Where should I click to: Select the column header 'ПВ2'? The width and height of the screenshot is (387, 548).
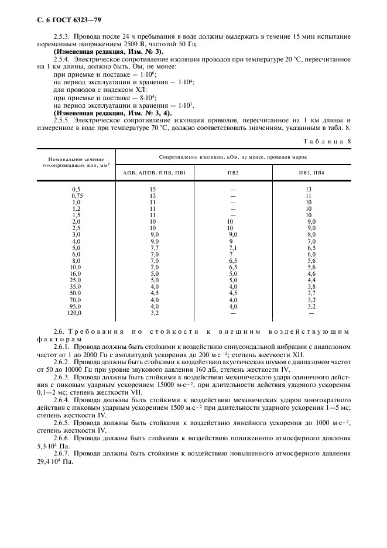pyautogui.click(x=232, y=173)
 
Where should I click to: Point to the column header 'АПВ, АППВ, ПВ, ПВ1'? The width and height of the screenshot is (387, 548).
pyautogui.click(x=155, y=173)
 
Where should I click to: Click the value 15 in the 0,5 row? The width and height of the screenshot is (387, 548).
pyautogui.click(x=153, y=189)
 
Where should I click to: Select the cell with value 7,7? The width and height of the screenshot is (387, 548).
pyautogui.click(x=154, y=248)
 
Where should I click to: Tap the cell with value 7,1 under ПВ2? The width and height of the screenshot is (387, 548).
pyautogui.click(x=232, y=248)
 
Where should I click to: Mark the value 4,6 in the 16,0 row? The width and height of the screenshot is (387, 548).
pyautogui.click(x=311, y=273)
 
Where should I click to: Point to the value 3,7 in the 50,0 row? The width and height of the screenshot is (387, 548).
pyautogui.click(x=311, y=293)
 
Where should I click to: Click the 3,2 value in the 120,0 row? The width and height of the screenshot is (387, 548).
pyautogui.click(x=154, y=313)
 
